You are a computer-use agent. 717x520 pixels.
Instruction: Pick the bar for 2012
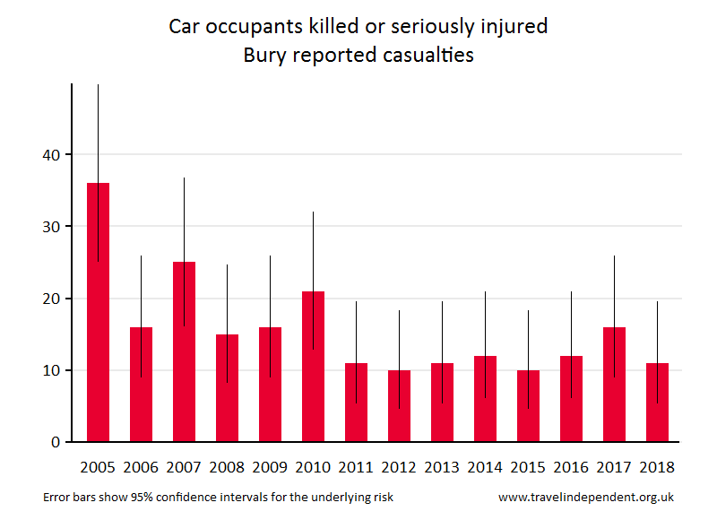(x=399, y=405)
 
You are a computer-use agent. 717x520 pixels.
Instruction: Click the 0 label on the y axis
(x=55, y=442)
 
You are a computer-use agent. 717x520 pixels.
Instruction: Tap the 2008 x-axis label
(x=227, y=467)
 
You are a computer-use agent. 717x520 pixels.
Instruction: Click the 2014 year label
(x=485, y=467)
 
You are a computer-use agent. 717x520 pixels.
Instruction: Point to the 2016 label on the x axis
(x=571, y=467)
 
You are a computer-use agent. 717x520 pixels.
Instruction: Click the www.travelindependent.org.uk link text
(x=585, y=497)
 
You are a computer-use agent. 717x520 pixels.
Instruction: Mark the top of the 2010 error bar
(x=313, y=212)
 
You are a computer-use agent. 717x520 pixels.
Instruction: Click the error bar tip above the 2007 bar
(x=184, y=178)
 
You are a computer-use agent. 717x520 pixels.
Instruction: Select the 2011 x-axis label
(x=356, y=467)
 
